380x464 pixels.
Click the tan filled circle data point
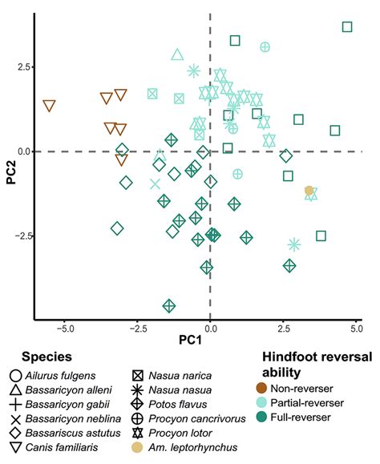click(x=309, y=190)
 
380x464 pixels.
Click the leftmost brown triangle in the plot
click(x=50, y=106)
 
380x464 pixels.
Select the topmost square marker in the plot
click(x=347, y=27)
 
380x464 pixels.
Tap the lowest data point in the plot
click(x=168, y=305)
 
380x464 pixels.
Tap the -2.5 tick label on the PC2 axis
click(x=21, y=236)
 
